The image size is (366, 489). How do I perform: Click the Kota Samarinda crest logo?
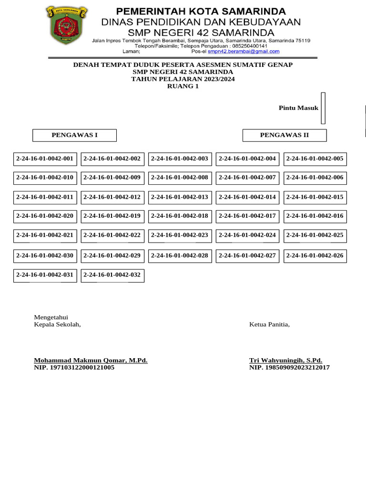(67, 26)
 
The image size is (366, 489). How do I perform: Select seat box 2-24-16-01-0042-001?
(45, 159)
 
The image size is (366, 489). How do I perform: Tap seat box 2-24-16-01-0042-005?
(315, 159)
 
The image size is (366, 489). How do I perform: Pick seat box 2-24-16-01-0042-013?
(180, 197)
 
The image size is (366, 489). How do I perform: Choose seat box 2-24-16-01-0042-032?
(112, 275)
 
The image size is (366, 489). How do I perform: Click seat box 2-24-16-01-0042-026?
(315, 256)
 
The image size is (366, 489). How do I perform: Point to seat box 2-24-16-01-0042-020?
(45, 216)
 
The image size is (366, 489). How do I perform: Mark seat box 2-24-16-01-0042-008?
(180, 178)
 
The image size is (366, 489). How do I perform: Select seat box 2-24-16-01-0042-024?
(247, 235)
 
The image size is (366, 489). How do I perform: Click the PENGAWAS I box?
(74, 135)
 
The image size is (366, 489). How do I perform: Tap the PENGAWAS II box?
(285, 135)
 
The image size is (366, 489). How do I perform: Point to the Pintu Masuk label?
(298, 108)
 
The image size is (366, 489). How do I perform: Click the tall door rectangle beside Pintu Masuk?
(323, 108)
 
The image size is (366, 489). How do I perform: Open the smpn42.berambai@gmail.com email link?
(244, 52)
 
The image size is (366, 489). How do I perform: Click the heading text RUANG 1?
(183, 86)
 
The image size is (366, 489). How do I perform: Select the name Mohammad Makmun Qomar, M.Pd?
(91, 360)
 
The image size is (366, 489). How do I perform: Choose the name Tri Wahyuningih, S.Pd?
(285, 360)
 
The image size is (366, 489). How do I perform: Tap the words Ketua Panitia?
(269, 325)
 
